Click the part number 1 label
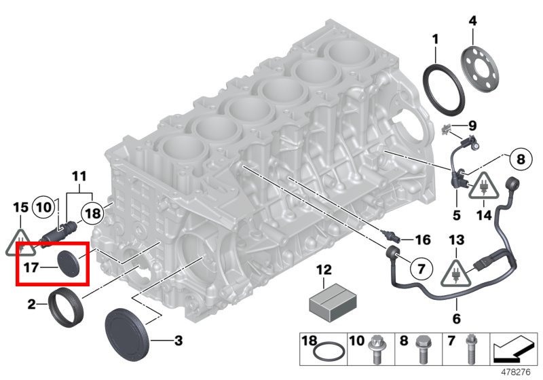435,39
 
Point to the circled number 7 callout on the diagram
420,269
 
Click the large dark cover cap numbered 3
130,332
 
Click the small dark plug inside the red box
69,263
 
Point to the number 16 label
422,240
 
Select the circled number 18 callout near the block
93,214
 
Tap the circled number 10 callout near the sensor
43,207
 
